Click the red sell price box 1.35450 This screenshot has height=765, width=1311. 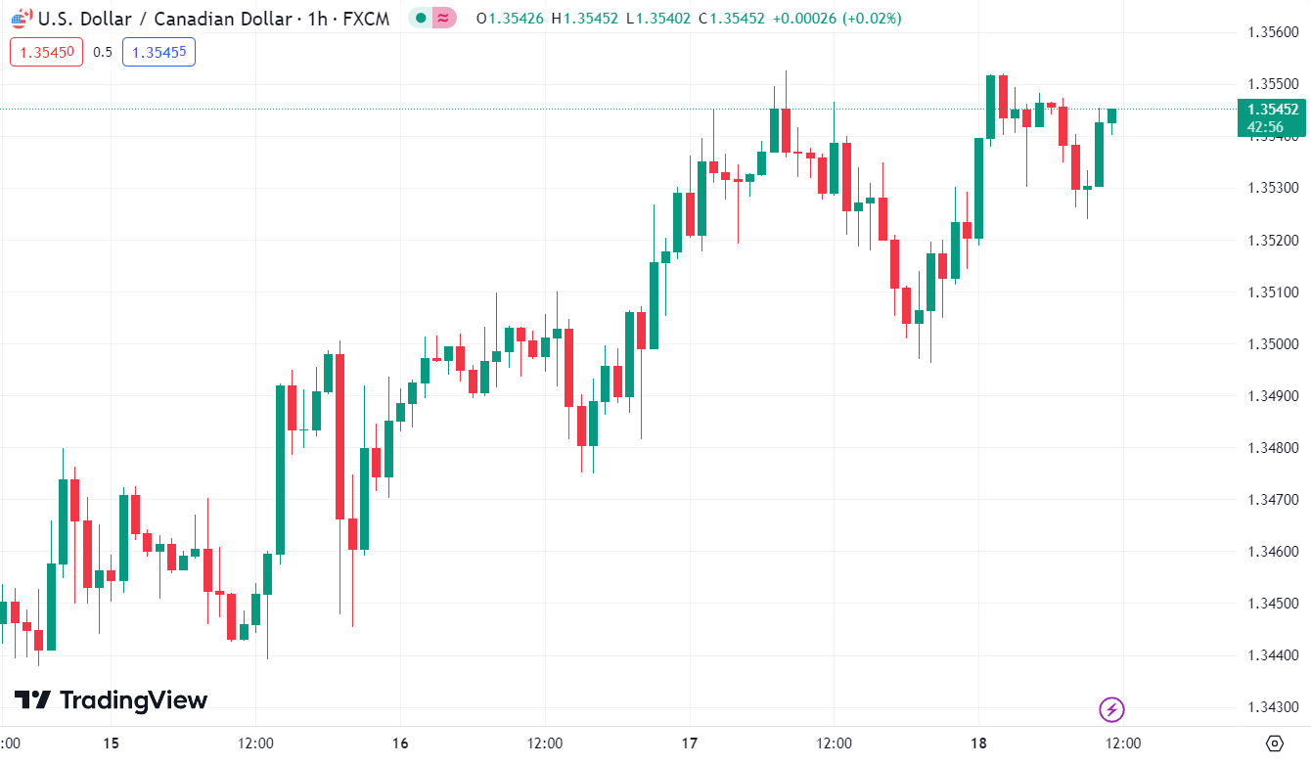pos(47,52)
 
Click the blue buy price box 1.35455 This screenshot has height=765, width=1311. pos(158,52)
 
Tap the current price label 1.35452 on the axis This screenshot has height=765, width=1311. pos(1272,110)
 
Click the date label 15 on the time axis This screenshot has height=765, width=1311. pos(111,743)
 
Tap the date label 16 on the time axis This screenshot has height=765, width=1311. pos(399,743)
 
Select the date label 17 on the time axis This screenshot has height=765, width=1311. pos(689,743)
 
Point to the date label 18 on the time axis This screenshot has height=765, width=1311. pos(978,743)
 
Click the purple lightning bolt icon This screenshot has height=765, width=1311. pos(1110,709)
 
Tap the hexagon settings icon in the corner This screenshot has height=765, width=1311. pos(1274,742)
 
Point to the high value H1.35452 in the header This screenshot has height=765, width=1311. pos(584,19)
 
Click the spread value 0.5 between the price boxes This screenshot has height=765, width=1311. pos(103,52)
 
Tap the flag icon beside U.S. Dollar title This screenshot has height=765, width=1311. pos(20,18)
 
